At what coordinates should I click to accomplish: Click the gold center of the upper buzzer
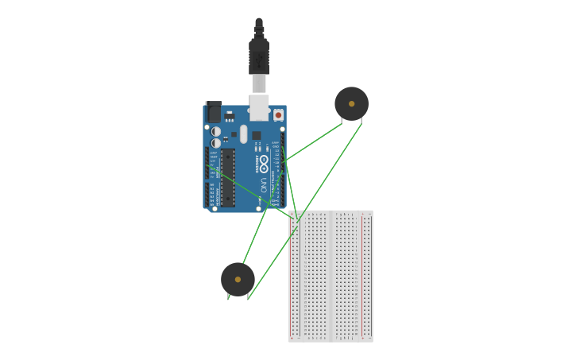(x=351, y=103)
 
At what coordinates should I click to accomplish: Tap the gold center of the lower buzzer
(x=238, y=279)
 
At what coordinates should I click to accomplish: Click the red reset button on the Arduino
(x=278, y=114)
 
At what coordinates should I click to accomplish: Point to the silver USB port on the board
(x=259, y=106)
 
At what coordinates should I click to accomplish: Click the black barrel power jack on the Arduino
(x=213, y=111)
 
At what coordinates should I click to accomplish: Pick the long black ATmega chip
(x=228, y=177)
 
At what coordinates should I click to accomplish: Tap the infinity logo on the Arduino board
(x=264, y=162)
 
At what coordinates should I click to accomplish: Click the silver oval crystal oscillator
(x=244, y=134)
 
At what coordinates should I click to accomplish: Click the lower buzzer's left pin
(x=229, y=297)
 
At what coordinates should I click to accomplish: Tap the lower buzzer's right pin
(x=248, y=297)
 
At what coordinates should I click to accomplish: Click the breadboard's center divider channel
(x=331, y=276)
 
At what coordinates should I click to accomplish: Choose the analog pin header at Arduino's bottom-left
(x=208, y=195)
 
